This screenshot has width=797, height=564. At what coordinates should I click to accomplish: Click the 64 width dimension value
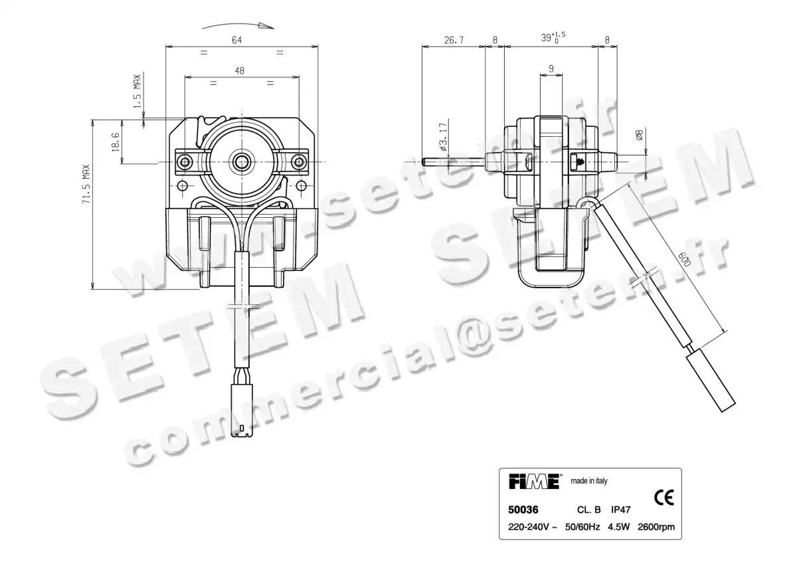(237, 40)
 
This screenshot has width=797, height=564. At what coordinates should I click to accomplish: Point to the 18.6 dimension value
(115, 141)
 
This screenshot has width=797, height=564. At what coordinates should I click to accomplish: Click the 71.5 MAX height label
(86, 185)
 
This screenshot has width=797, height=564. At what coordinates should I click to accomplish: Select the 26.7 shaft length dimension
(453, 41)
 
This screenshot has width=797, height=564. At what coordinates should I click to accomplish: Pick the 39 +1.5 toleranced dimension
(553, 38)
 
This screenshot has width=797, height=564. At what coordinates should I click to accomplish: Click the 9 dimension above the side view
(551, 68)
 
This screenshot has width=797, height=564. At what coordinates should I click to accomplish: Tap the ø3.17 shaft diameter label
(442, 136)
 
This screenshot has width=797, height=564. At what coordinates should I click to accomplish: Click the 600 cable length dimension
(685, 258)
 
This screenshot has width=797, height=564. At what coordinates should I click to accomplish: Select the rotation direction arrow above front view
(239, 25)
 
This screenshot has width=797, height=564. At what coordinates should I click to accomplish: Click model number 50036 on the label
(523, 510)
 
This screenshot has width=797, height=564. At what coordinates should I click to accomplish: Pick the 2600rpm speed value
(656, 527)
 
